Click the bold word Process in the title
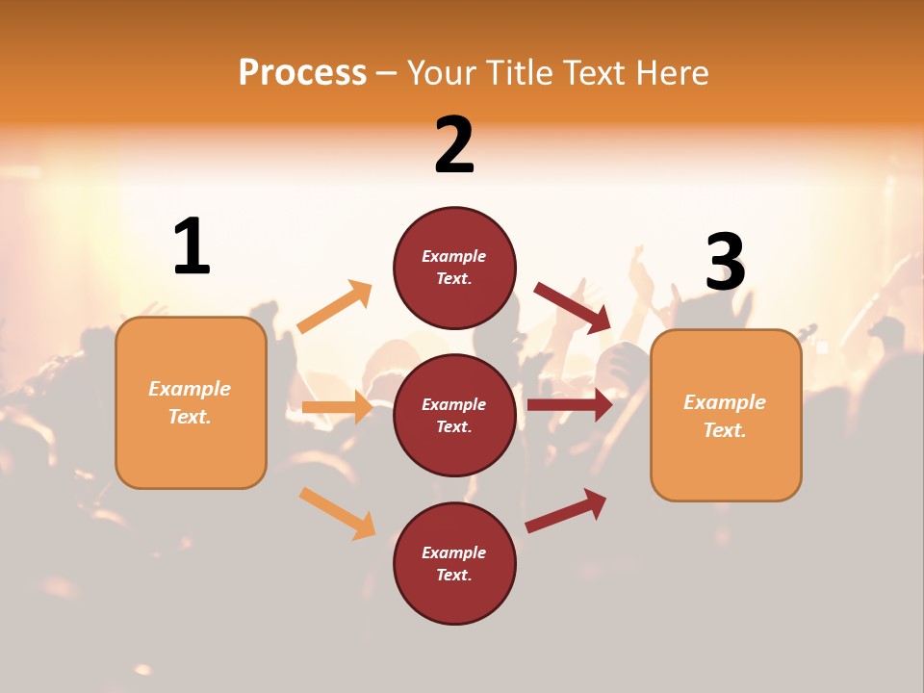coord(302,72)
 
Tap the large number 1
coord(192,247)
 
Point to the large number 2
coord(454,145)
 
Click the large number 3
coord(726,263)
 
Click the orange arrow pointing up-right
coord(334,307)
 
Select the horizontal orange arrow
coord(337,407)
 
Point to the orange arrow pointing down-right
coord(337,513)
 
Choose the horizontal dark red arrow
coord(570,405)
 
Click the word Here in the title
coord(675,73)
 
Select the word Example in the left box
coord(190,389)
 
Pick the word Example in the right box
coord(725,402)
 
